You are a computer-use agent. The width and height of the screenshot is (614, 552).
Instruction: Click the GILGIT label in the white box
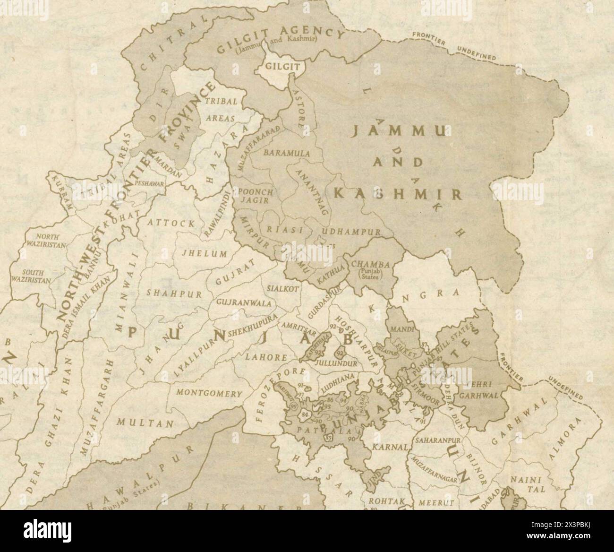pyautogui.click(x=282, y=66)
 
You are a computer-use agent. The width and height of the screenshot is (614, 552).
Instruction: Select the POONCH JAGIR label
pyautogui.click(x=256, y=196)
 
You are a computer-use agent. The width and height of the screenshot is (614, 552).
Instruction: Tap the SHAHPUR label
pyautogui.click(x=174, y=293)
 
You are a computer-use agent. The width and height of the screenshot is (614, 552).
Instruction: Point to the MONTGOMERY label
pyautogui.click(x=209, y=393)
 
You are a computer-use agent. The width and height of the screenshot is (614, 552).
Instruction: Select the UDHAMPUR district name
pyautogui.click(x=351, y=232)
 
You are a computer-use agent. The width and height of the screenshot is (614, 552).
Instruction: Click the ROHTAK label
pyautogui.click(x=381, y=501)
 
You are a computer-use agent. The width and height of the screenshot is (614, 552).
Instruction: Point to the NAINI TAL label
pyautogui.click(x=521, y=485)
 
